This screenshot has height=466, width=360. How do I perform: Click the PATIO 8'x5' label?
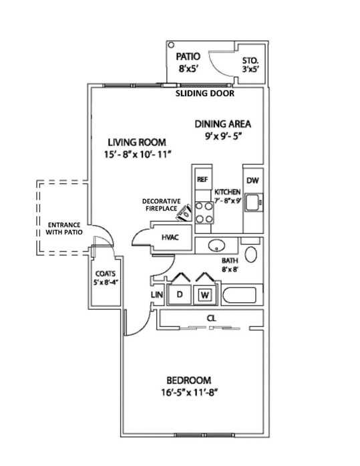pos(188,62)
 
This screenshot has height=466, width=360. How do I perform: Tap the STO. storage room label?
pos(250,65)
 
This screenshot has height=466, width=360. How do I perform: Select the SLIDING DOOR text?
pos(205,94)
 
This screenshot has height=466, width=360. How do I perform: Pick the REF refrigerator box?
pos(203,179)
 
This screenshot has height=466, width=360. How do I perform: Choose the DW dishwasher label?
pos(252,180)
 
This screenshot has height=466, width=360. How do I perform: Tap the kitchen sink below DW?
pos(253,203)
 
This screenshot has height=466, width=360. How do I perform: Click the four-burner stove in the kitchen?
pos(204,213)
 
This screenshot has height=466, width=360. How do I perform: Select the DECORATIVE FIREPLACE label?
pos(161,205)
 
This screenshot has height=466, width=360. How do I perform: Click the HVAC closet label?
pos(170,237)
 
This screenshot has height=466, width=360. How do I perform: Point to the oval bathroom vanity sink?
pos(216,245)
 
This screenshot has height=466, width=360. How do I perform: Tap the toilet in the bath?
pos(251,255)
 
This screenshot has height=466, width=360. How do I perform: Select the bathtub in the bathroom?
pos(239,296)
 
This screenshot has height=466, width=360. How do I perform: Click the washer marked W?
pos(205,295)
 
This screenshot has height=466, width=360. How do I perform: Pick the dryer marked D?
pos(179,295)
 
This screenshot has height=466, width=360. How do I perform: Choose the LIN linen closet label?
pos(157,295)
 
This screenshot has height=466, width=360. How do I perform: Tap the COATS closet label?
pos(106,277)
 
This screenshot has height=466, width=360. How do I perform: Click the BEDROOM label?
pos(189,386)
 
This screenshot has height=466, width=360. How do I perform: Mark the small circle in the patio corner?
pos(171,45)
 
